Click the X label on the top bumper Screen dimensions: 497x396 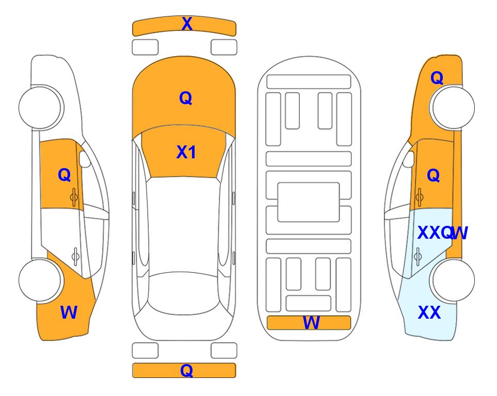[187, 24]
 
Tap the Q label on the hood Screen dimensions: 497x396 [186, 98]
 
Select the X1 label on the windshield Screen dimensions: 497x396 [186, 152]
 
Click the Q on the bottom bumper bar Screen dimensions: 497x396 [186, 370]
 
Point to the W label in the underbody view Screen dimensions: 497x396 [311, 323]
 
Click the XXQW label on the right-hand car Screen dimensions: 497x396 [442, 233]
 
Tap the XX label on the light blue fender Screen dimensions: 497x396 [429, 312]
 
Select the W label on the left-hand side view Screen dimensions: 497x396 [69, 312]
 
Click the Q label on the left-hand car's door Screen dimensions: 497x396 [65, 175]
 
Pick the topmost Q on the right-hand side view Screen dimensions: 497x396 [437, 78]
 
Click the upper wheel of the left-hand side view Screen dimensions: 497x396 [40, 107]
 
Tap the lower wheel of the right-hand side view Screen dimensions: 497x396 [453, 280]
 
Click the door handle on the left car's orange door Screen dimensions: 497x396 [74, 197]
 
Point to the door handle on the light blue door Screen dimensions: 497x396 [418, 256]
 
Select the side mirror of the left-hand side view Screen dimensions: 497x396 [84, 159]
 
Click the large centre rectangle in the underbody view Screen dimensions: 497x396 [309, 202]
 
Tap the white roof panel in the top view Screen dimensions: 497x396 [183, 225]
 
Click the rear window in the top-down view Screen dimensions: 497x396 [184, 293]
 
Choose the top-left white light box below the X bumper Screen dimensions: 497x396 [145, 47]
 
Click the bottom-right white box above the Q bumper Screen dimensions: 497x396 [224, 351]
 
